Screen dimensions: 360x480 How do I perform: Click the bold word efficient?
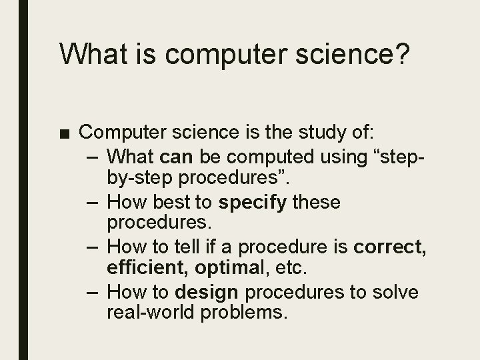[145, 269]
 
